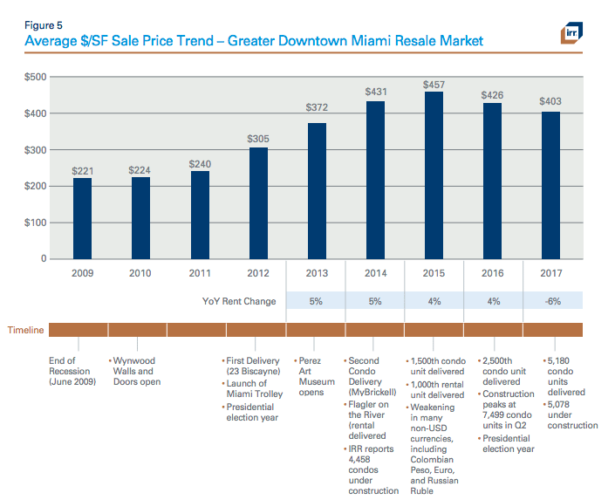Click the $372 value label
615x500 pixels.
[318, 107]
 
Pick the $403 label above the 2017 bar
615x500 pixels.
[550, 101]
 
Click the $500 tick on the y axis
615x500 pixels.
[36, 77]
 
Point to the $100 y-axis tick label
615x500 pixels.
[36, 223]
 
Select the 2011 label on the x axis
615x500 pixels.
[200, 273]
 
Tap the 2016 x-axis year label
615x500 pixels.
[493, 273]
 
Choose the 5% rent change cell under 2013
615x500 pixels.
[317, 301]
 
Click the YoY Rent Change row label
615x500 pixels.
[239, 301]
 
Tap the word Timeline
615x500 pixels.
[26, 331]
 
